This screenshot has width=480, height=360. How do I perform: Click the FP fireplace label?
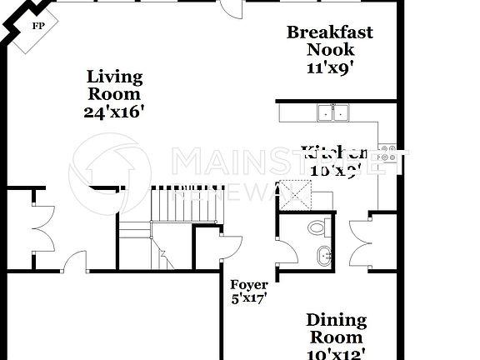coord(37,26)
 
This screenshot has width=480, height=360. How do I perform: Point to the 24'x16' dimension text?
coord(115,112)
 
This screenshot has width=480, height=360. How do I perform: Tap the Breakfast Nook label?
coord(329,41)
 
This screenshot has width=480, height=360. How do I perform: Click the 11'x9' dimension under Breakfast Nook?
coord(330,68)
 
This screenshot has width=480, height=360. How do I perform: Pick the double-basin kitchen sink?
coord(334,112)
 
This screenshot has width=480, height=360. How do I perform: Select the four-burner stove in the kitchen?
coord(387,153)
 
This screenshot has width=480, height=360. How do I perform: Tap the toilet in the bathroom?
coord(317,226)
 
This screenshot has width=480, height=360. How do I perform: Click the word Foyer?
coord(249,285)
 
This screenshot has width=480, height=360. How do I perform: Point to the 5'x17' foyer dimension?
coord(248,298)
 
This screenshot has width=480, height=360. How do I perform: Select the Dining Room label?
coord(335,328)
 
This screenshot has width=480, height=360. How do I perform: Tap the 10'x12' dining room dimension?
coord(335,353)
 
